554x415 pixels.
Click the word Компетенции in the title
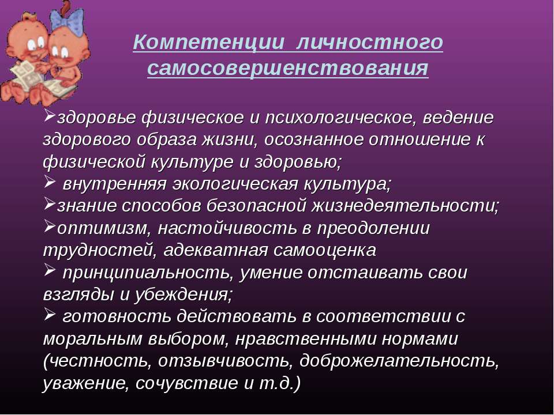click(x=208, y=42)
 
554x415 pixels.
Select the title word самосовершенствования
click(x=287, y=67)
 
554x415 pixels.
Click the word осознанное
click(x=314, y=139)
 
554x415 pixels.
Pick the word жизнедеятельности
click(x=405, y=206)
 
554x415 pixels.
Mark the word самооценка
click(x=325, y=251)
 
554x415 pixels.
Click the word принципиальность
click(x=148, y=273)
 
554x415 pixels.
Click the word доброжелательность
click(x=399, y=361)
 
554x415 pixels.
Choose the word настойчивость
click(x=227, y=229)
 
